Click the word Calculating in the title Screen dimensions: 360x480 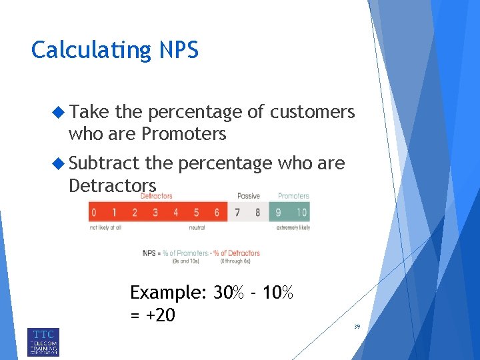(91, 51)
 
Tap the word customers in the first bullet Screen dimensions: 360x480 (311, 113)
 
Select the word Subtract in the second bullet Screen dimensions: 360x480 (104, 163)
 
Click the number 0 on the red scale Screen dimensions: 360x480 (94, 213)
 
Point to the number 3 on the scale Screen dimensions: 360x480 (155, 213)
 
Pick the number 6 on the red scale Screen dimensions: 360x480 (217, 213)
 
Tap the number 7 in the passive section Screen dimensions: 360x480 (237, 213)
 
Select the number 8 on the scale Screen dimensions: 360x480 (257, 213)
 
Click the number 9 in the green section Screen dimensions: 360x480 (279, 213)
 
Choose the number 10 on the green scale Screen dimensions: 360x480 (301, 213)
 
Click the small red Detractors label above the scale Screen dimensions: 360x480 (157, 196)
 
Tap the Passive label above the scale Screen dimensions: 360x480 (248, 196)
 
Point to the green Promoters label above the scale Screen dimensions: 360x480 (293, 196)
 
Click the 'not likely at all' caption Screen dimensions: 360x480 (105, 228)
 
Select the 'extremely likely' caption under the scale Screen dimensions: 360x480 (293, 228)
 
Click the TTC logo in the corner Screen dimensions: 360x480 (43, 341)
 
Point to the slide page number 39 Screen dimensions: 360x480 (357, 326)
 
